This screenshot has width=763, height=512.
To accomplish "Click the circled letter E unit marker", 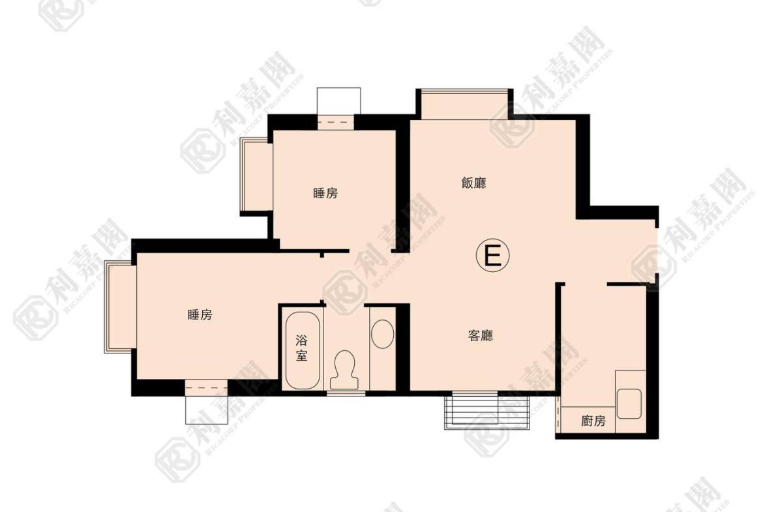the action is [492, 255].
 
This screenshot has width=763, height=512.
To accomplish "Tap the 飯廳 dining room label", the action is [473, 183].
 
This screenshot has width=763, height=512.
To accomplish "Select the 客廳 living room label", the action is [480, 335].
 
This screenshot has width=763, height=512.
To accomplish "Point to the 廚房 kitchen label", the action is [593, 420].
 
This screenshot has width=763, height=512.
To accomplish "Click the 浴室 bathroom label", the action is [302, 348].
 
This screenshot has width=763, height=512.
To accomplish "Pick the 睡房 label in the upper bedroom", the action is [325, 193].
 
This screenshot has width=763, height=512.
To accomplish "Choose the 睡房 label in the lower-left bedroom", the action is [200, 314].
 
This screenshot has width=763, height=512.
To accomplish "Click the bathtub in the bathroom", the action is [303, 350].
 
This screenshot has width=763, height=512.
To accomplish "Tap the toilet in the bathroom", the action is [345, 369].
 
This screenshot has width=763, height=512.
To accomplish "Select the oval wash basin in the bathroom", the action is [382, 334].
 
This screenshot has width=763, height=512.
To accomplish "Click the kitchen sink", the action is [629, 403].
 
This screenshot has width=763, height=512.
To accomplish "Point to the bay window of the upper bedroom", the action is [256, 176].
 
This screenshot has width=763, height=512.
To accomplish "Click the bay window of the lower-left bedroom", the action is [120, 307].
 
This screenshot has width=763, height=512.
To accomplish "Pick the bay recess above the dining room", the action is [464, 104].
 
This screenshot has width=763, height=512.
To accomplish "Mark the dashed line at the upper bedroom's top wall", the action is [336, 122].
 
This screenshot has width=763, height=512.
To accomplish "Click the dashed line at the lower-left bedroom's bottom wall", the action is [206, 388].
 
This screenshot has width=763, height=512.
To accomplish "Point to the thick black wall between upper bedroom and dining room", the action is [402, 185].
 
